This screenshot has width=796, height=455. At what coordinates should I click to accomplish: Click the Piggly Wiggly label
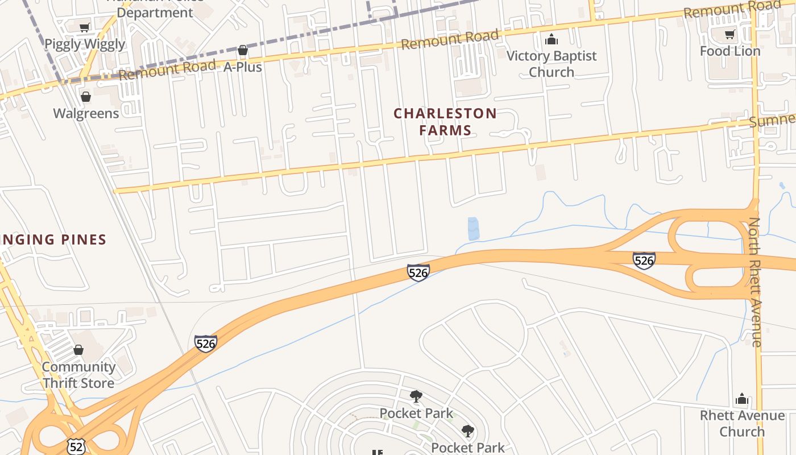pos(85,44)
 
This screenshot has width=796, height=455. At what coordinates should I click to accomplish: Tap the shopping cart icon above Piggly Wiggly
pos(85,27)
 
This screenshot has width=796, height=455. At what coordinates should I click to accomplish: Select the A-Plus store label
pos(242,67)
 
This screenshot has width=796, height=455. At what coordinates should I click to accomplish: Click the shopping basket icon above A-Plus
pos(243,51)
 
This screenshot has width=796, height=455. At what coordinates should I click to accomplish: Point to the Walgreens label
pos(86,113)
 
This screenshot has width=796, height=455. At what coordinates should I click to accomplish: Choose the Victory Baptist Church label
pos(551,64)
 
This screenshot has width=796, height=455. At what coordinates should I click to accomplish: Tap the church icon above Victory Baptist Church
pos(551,39)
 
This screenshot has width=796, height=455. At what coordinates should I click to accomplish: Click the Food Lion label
pos(729,51)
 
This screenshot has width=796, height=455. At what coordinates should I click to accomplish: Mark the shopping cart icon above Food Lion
pos(729,35)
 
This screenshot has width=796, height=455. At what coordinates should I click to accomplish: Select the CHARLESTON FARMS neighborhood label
pos(445,122)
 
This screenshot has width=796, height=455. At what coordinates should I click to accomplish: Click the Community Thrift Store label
pos(78,375)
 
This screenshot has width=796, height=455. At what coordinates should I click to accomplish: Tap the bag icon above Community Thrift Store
pos(78,350)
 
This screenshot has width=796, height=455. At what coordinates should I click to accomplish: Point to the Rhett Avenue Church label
pos(742,423)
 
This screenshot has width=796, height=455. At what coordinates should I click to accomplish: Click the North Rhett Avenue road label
pos(754,282)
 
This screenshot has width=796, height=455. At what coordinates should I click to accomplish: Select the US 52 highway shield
pos(76,446)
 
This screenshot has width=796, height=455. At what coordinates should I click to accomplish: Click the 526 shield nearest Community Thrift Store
pos(205,344)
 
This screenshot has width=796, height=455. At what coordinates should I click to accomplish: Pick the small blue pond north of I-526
pos(473,228)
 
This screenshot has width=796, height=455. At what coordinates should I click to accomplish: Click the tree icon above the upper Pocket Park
pos(416,396)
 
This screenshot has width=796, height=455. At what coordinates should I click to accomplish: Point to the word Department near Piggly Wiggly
pos(155,12)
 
